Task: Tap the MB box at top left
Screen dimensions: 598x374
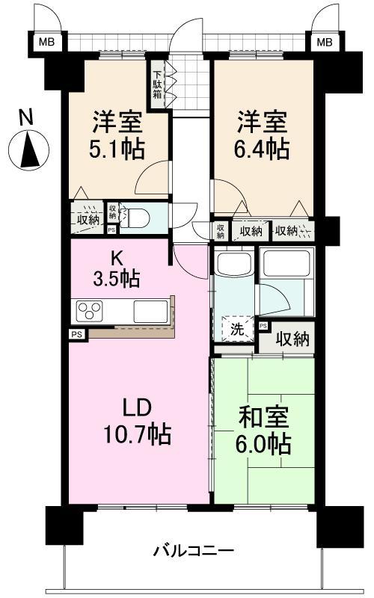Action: (46, 43)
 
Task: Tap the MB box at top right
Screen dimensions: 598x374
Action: (323, 43)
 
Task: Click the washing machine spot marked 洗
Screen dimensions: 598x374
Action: (236, 327)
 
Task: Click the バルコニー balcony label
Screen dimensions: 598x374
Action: (194, 552)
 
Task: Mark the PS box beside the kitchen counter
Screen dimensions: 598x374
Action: (77, 334)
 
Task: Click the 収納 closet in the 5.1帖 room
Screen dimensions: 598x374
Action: (88, 219)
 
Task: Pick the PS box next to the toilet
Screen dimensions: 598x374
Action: (111, 229)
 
